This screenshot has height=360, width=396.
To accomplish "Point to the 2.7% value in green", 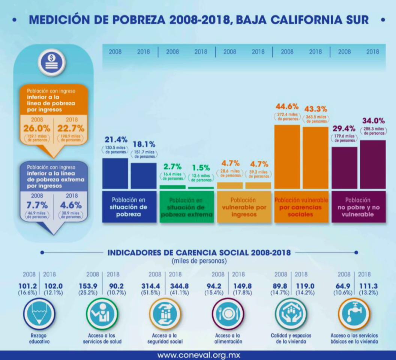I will [172, 166].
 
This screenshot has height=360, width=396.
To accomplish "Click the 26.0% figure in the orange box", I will [37, 128].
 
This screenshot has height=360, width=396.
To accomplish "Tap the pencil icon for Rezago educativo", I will [39, 315].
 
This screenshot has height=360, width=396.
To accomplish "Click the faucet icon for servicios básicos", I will [354, 315].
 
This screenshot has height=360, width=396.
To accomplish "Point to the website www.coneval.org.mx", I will [198, 355].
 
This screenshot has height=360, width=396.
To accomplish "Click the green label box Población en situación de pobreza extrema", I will [187, 207].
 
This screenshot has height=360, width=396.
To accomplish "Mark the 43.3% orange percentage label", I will [316, 109].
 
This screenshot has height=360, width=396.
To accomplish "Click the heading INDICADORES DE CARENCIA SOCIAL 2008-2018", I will [199, 252].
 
